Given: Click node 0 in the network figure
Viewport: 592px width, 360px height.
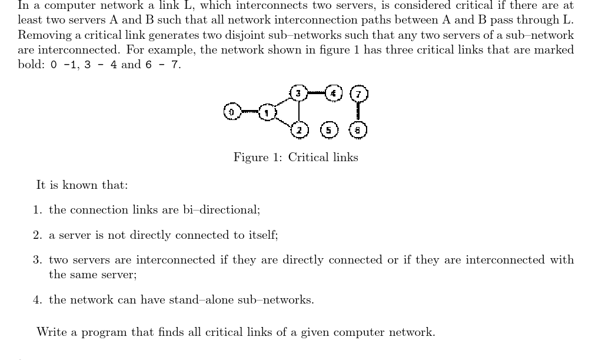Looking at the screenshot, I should tap(232, 112).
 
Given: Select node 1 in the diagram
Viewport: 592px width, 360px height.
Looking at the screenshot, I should tap(267, 112).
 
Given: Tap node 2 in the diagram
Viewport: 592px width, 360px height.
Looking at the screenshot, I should tap(299, 129).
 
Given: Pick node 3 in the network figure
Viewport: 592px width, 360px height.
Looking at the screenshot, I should tap(298, 94).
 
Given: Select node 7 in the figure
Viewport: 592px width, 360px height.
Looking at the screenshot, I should tap(358, 94).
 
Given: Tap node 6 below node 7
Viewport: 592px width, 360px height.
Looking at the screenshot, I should tap(358, 129).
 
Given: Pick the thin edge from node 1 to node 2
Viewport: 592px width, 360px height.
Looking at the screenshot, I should tap(282, 120).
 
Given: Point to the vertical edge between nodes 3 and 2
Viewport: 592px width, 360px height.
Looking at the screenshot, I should tap(299, 111).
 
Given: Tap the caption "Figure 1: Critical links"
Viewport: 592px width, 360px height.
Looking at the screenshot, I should tap(295, 157).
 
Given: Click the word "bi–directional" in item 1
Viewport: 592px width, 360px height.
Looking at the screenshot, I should tap(223, 210).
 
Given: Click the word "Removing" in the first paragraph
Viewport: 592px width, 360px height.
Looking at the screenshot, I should tap(43, 35).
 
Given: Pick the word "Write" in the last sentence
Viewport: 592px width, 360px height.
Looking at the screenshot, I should tap(51, 332).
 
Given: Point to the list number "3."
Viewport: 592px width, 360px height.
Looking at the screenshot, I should tap(38, 260).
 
